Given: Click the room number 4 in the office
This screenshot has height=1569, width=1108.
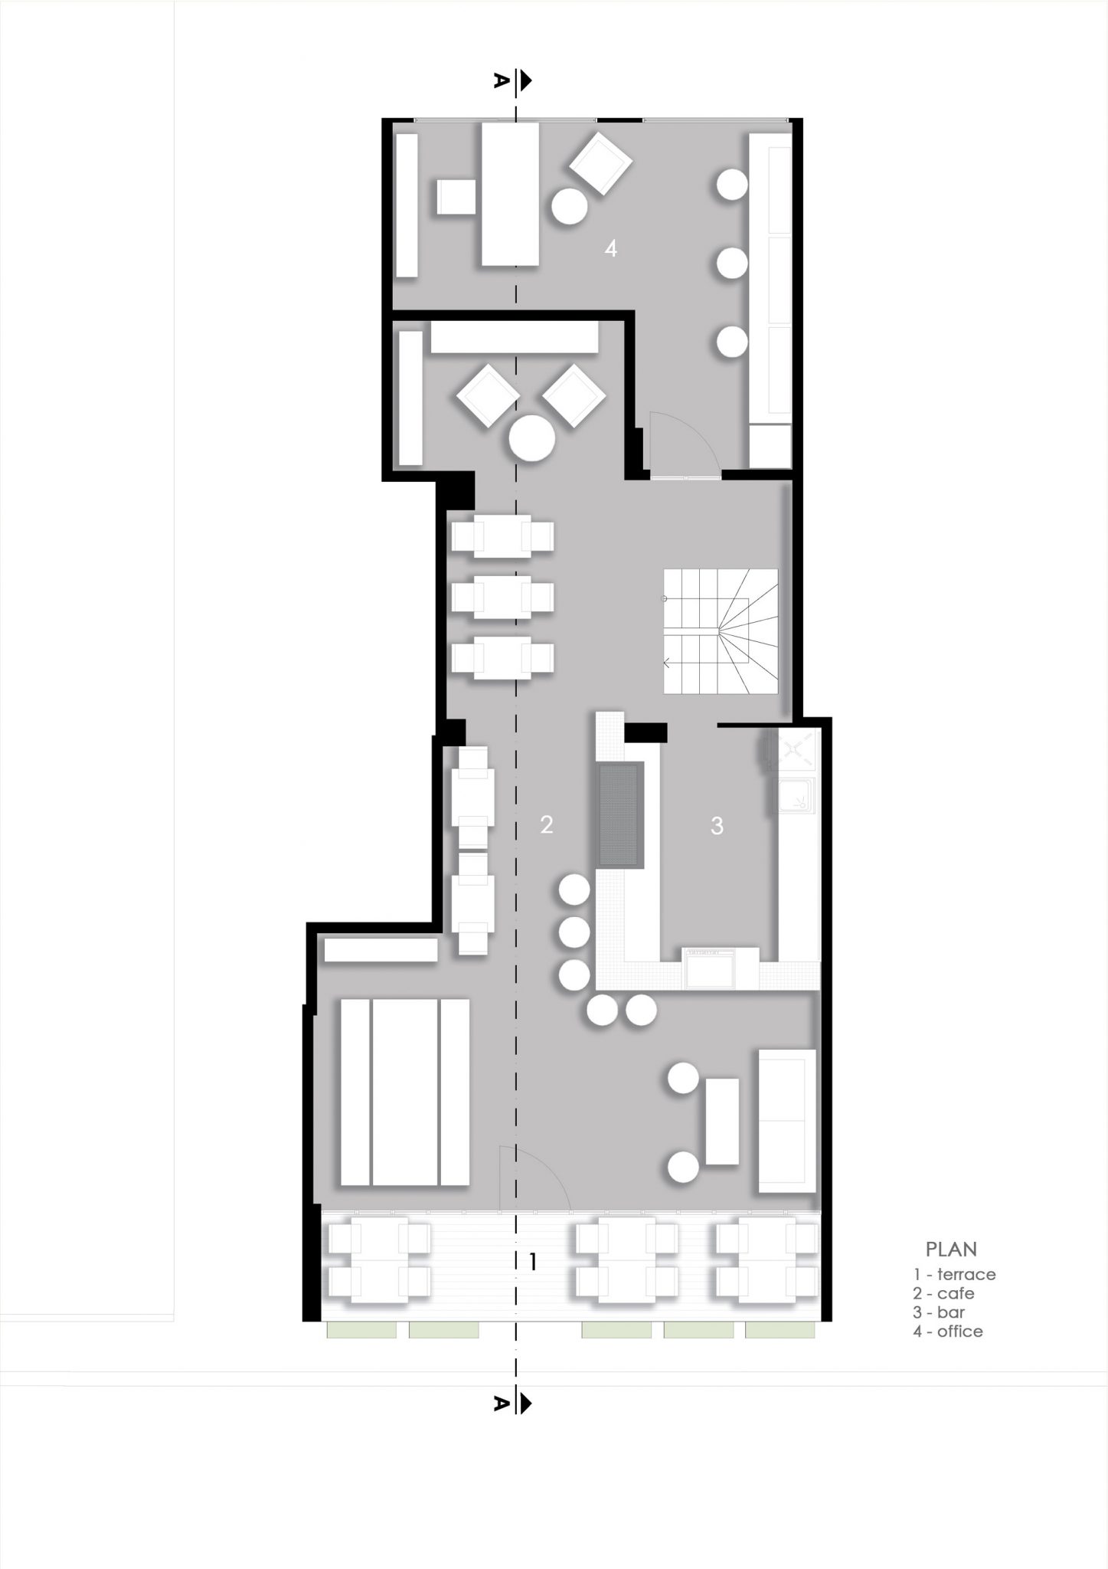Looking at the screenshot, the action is click(610, 248).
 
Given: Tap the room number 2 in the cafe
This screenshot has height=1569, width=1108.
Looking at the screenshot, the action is click(546, 824).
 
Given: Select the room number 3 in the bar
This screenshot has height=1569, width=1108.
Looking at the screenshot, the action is click(717, 825).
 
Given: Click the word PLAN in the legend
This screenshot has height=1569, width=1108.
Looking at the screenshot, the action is click(951, 1250).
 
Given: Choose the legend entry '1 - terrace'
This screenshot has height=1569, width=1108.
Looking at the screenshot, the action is click(954, 1275).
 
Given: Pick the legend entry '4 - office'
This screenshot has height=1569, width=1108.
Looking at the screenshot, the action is click(947, 1332).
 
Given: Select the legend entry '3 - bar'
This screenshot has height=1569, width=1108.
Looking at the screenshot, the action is click(939, 1312).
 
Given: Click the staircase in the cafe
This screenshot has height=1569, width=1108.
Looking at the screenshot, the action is click(721, 631).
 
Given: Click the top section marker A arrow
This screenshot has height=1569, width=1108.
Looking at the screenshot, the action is click(525, 80).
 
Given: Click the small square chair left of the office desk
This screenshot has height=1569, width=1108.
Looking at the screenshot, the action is click(457, 197).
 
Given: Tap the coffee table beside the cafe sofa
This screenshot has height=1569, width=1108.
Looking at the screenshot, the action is click(722, 1122).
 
